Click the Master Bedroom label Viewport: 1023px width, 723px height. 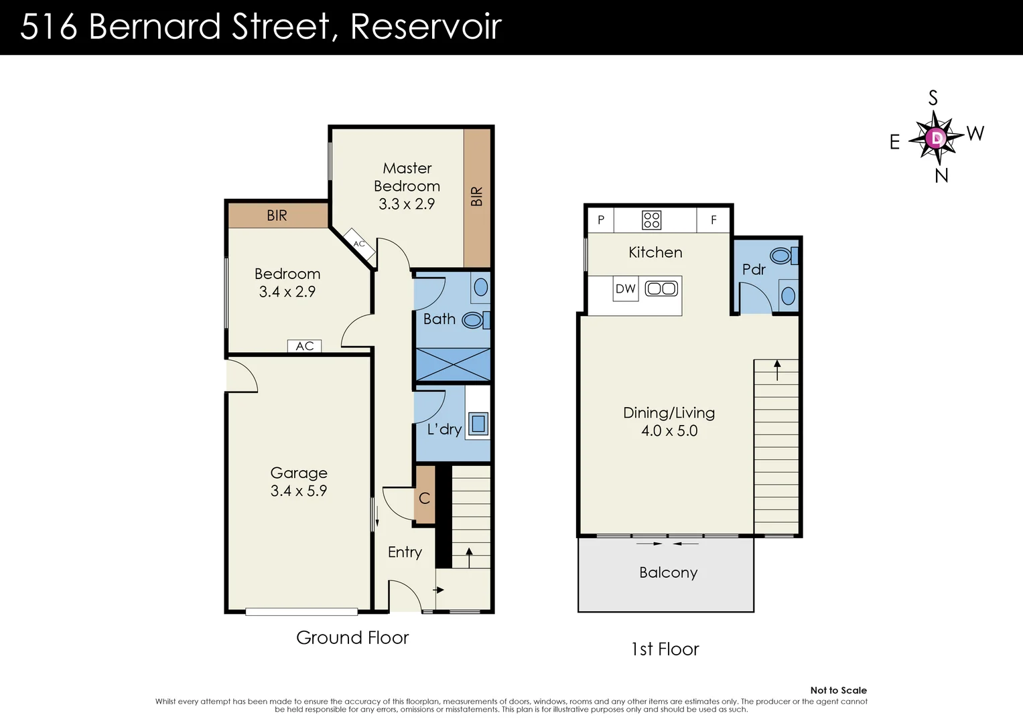(x=407, y=177)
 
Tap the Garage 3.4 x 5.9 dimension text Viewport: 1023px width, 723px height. (x=299, y=491)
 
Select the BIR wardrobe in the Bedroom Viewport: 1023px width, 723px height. (x=277, y=216)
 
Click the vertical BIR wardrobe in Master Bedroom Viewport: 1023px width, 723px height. (x=477, y=197)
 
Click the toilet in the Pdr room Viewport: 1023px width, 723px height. (x=781, y=256)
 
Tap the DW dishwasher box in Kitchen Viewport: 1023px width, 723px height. (x=625, y=289)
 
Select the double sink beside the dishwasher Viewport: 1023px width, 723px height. (x=661, y=289)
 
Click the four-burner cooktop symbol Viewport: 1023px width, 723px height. (x=651, y=220)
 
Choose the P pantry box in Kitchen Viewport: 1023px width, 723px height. (x=601, y=220)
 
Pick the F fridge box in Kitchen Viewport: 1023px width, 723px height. (x=713, y=220)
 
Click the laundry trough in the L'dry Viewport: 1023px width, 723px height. (x=478, y=423)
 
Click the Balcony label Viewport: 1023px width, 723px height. (x=668, y=572)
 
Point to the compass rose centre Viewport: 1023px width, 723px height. (x=936, y=139)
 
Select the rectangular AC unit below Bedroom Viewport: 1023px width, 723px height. (x=304, y=346)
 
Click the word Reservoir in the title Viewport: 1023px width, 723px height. (x=425, y=27)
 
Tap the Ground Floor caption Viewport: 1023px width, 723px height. (x=352, y=637)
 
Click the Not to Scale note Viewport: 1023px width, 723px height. (x=838, y=690)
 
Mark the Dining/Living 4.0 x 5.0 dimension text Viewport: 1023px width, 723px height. (x=669, y=430)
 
